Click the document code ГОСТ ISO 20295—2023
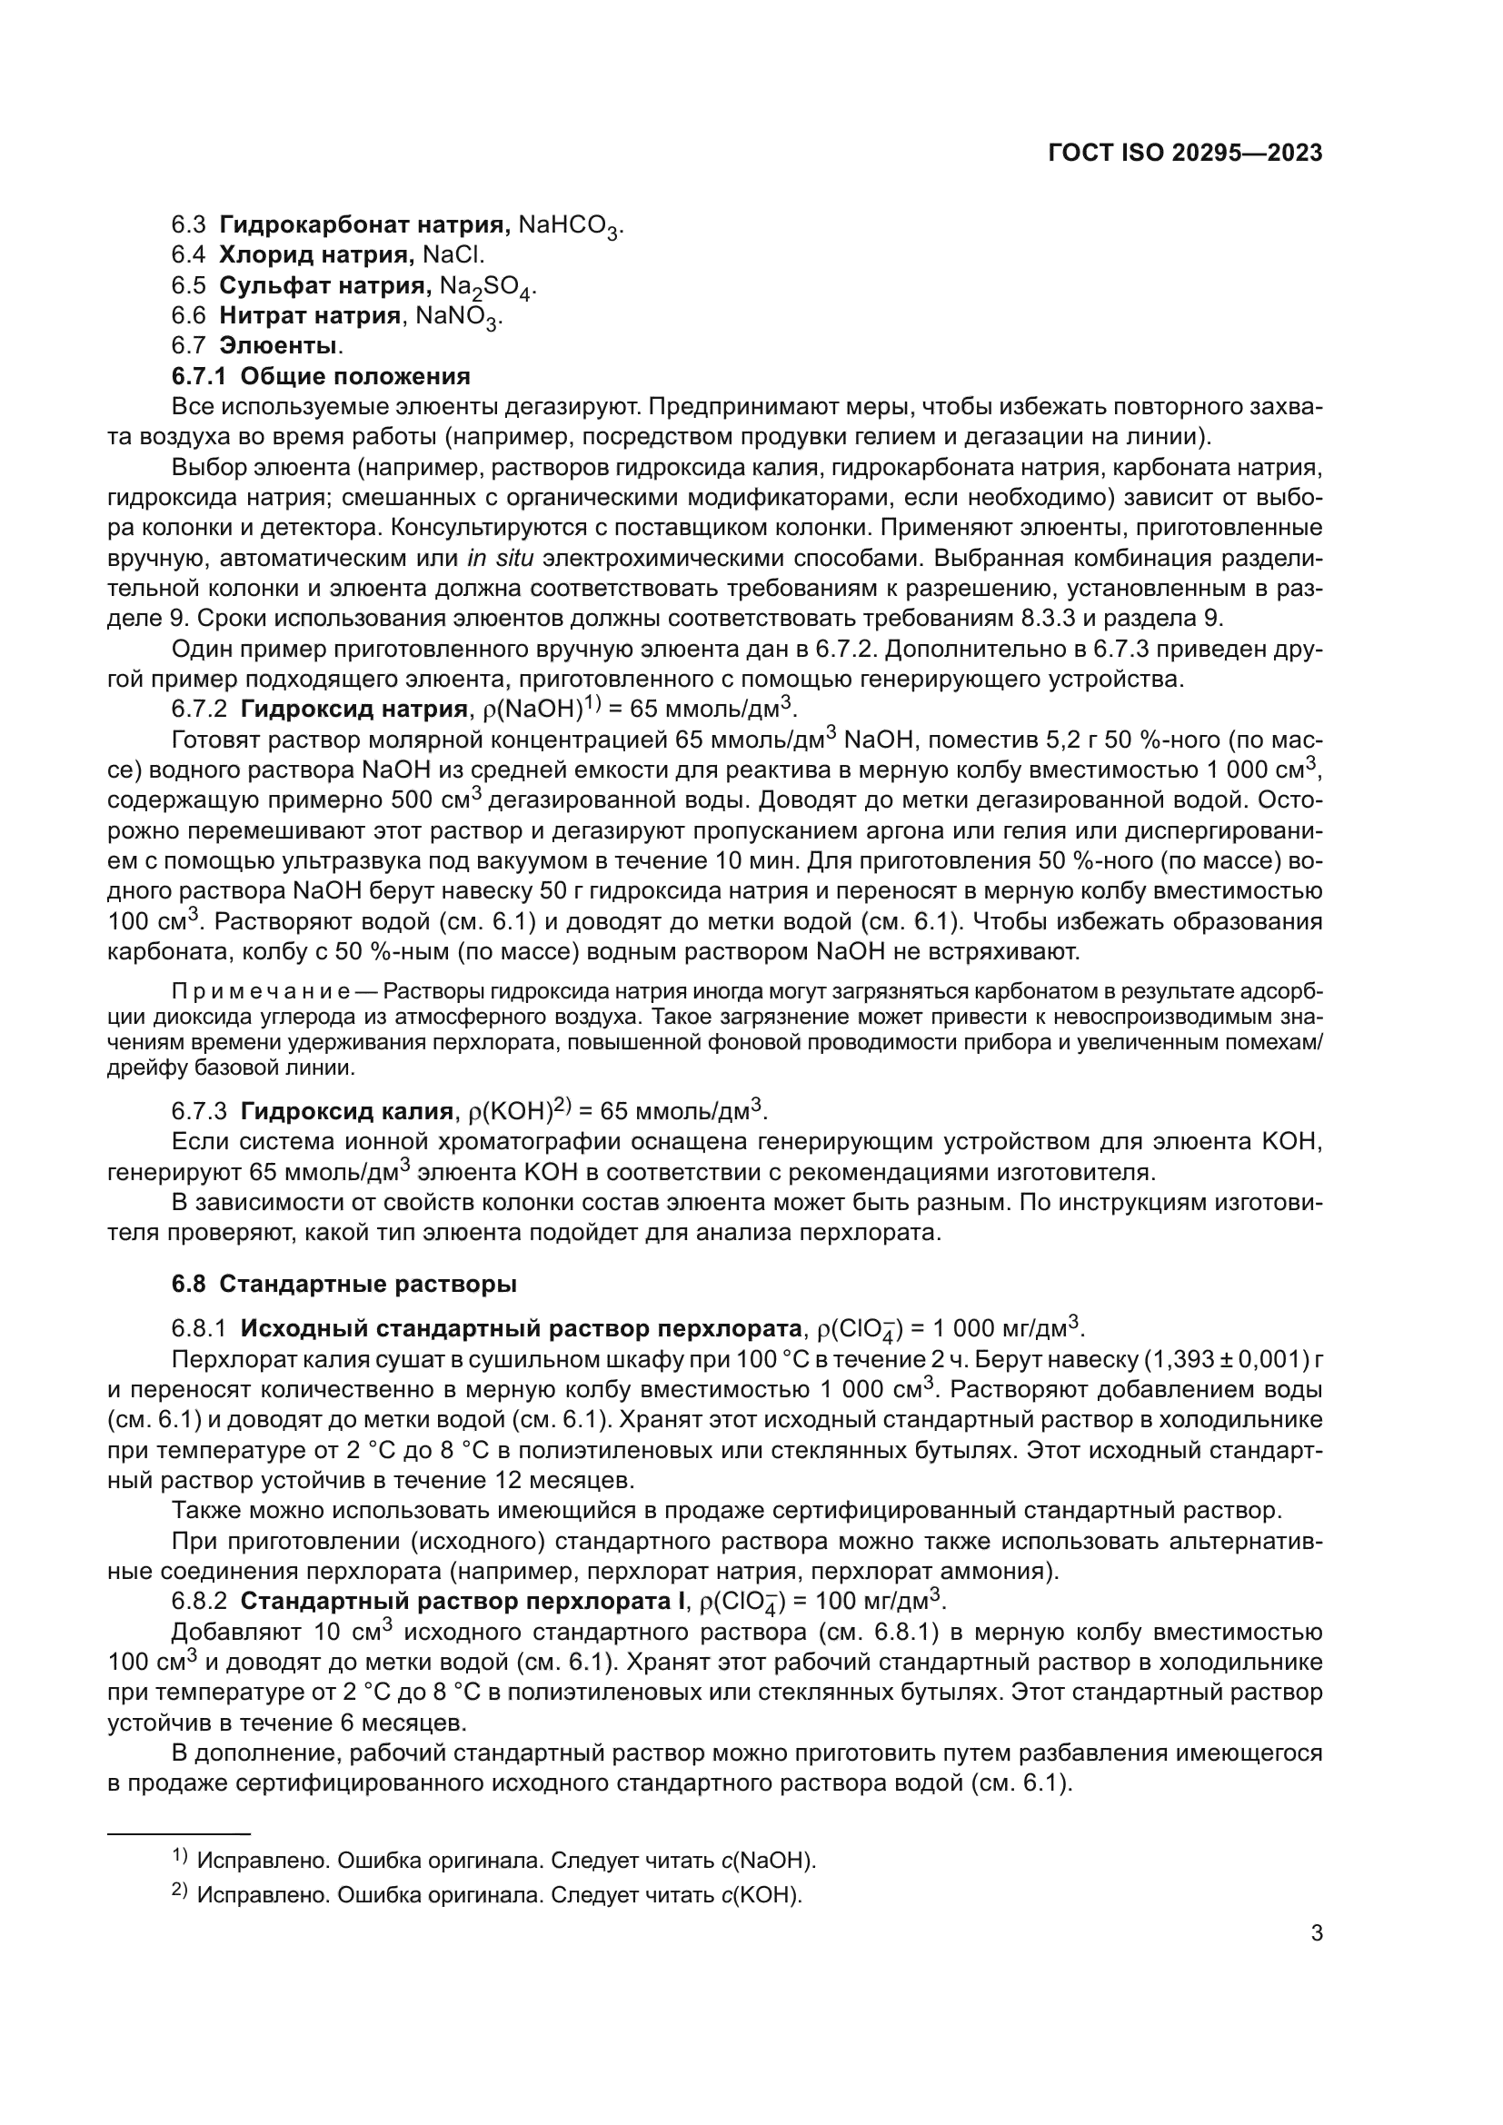click(1185, 154)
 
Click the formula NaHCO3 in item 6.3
click(569, 226)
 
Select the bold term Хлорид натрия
click(316, 254)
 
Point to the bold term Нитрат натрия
click(310, 316)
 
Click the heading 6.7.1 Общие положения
click(320, 377)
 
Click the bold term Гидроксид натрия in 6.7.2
click(353, 710)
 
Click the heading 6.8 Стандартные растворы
click(344, 1285)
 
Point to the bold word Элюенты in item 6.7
click(279, 346)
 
